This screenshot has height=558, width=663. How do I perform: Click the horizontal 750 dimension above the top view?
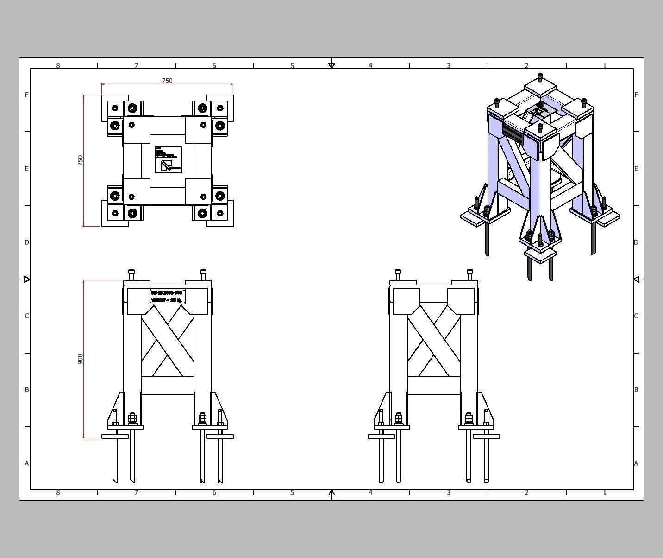[167, 81]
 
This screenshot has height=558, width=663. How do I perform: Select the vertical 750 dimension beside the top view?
[81, 160]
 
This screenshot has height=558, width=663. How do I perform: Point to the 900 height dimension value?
[81, 359]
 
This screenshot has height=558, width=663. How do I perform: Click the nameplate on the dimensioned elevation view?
[168, 297]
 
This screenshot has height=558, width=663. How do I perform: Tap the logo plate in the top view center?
[168, 160]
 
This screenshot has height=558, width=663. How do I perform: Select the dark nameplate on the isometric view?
[513, 132]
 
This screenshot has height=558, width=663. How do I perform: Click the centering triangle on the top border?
[331, 65]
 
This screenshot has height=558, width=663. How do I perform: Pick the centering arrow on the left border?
[26, 279]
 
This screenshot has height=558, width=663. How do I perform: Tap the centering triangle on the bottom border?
[331, 493]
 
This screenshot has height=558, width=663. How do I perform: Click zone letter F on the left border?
[27, 95]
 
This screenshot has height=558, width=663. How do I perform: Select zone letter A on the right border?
[636, 463]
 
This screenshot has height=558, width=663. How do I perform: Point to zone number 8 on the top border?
[58, 66]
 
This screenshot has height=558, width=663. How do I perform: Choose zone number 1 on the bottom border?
[605, 493]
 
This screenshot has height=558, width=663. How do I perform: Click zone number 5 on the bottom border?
[292, 493]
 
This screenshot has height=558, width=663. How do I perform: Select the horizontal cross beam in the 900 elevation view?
[167, 386]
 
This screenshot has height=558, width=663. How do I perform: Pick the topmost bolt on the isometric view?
[540, 76]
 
